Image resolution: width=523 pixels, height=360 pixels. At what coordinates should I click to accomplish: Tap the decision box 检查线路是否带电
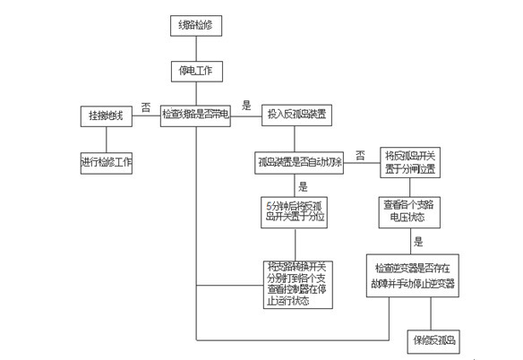[x=196, y=115]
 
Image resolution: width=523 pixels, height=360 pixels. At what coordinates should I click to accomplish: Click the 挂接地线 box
[x=107, y=116]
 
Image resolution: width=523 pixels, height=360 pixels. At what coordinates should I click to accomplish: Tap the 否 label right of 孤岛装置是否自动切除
[x=359, y=155]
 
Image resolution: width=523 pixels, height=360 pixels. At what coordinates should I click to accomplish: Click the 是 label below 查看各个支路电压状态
[x=417, y=242]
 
